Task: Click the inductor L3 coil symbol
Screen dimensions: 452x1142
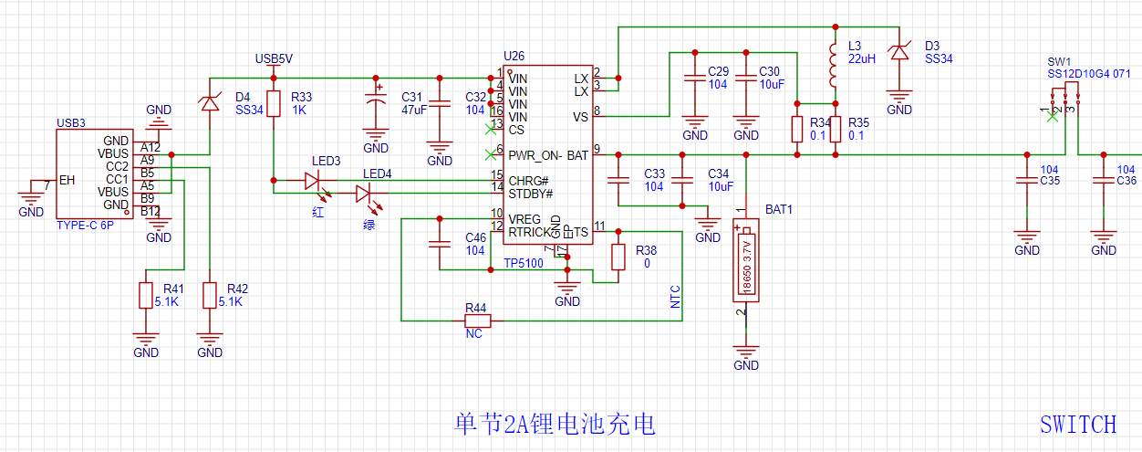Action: [833, 65]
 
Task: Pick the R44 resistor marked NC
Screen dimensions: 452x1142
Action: [476, 321]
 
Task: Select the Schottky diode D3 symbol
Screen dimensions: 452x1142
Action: [900, 54]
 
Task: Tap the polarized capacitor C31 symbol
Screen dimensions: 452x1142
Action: [376, 103]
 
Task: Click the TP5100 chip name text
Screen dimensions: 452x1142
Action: [524, 263]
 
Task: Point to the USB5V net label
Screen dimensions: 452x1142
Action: [274, 59]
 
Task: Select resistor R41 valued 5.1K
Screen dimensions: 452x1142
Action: [145, 295]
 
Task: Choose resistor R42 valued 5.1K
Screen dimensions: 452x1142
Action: [210, 295]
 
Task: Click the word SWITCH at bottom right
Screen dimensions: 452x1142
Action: [1077, 425]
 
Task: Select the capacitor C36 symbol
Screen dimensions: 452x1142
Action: [1104, 181]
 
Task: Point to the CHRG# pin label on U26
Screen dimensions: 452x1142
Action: [529, 181]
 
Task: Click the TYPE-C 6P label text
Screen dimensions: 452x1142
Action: [85, 224]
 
